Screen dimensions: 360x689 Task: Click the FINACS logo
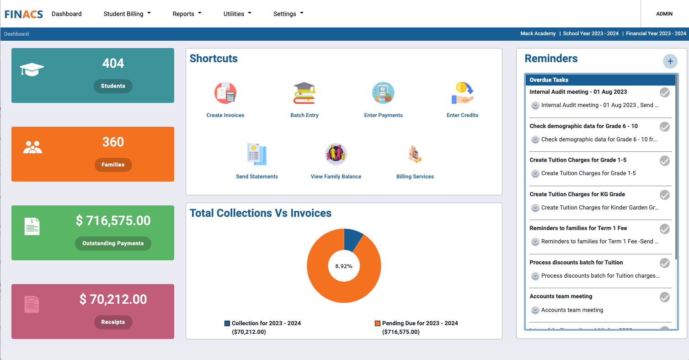tap(24, 14)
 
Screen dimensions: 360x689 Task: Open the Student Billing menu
tap(127, 14)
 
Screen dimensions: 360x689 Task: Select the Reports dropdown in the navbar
tap(187, 14)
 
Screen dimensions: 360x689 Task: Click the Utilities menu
tap(237, 14)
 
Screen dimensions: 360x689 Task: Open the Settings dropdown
tap(288, 14)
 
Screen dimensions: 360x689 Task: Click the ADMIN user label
tap(664, 14)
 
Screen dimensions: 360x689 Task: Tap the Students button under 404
tap(113, 86)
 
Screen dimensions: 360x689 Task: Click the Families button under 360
tap(113, 165)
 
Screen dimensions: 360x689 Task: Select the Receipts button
tap(113, 322)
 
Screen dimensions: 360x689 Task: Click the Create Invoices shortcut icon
tap(225, 93)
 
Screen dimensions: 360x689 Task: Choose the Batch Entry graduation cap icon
tap(304, 93)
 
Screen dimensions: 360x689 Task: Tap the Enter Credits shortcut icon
tap(462, 93)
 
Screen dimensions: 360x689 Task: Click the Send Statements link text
tap(257, 177)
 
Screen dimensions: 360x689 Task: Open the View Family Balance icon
tap(336, 155)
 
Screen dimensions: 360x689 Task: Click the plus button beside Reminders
tap(670, 61)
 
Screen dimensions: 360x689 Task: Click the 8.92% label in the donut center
tap(344, 266)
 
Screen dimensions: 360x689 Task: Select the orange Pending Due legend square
tap(378, 323)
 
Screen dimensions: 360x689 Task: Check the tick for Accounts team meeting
tap(665, 297)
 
